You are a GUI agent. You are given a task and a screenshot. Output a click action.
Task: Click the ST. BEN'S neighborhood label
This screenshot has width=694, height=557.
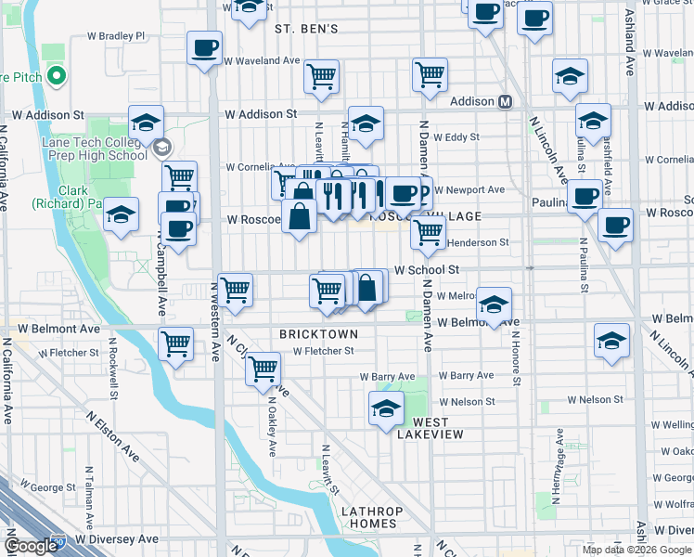(x=306, y=29)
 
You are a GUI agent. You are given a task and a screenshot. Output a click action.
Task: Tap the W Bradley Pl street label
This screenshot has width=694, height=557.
(x=116, y=36)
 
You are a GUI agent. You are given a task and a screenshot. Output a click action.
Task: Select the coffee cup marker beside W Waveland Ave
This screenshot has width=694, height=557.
(x=205, y=47)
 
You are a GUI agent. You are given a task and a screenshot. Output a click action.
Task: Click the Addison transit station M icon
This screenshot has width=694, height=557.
(x=507, y=101)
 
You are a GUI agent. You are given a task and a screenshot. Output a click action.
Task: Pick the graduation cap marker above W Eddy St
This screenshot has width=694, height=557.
(x=366, y=123)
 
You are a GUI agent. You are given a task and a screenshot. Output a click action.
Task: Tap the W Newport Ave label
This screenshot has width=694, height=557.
(x=469, y=190)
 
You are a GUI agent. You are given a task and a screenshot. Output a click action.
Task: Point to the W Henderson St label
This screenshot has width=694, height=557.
(x=478, y=242)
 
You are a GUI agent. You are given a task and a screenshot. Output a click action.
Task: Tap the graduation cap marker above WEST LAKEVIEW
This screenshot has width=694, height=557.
(x=386, y=408)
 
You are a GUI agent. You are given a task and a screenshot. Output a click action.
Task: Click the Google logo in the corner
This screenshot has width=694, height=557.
(x=31, y=547)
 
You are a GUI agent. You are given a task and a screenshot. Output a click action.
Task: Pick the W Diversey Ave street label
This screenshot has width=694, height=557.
(x=117, y=538)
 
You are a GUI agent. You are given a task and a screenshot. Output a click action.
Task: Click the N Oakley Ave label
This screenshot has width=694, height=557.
(x=272, y=434)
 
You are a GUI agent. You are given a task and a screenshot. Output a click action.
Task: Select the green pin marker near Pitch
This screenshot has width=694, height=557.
(x=58, y=75)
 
